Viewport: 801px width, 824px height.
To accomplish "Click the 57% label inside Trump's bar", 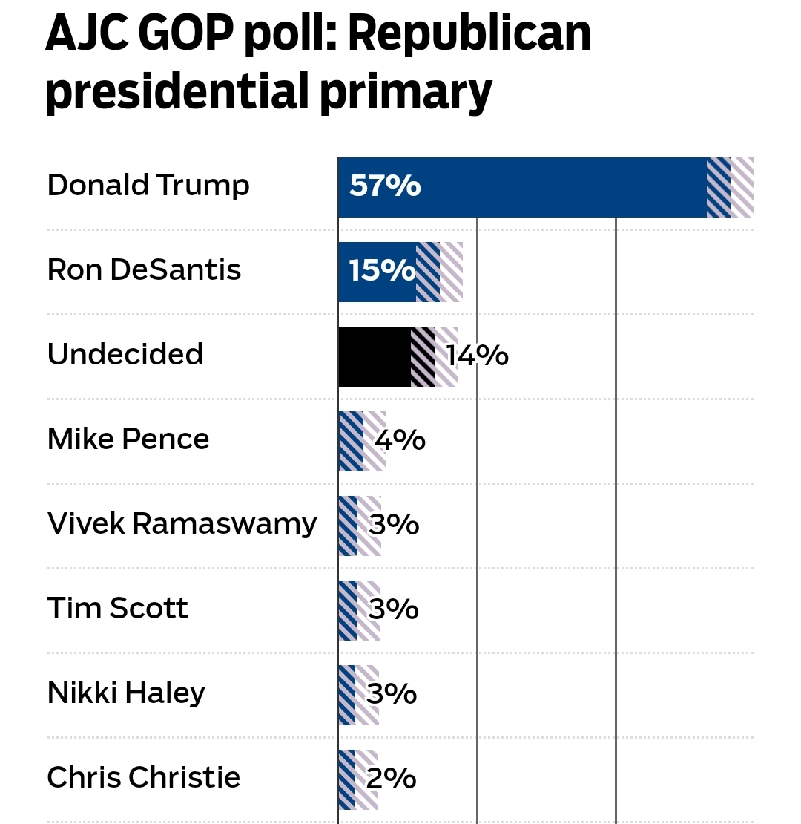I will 385,186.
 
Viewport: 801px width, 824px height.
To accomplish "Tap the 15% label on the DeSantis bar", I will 381,271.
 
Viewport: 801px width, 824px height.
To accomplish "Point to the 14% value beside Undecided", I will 477,356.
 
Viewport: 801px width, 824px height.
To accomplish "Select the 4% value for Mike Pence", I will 400,440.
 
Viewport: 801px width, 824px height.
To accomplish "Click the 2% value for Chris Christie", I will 391,779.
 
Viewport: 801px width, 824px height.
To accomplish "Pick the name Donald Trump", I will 148,185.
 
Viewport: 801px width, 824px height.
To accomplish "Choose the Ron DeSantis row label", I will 144,269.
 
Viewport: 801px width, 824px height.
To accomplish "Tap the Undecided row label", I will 125,354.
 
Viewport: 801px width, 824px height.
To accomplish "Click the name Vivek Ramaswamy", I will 182,524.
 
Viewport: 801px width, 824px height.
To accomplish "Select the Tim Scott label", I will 117,609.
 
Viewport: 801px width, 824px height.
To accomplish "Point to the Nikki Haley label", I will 126,693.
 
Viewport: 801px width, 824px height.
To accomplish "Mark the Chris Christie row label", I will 144,778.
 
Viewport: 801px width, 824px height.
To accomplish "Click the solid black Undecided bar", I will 375,356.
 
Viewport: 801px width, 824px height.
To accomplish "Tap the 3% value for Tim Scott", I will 394,609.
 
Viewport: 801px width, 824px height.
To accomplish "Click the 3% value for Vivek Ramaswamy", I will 394,525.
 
